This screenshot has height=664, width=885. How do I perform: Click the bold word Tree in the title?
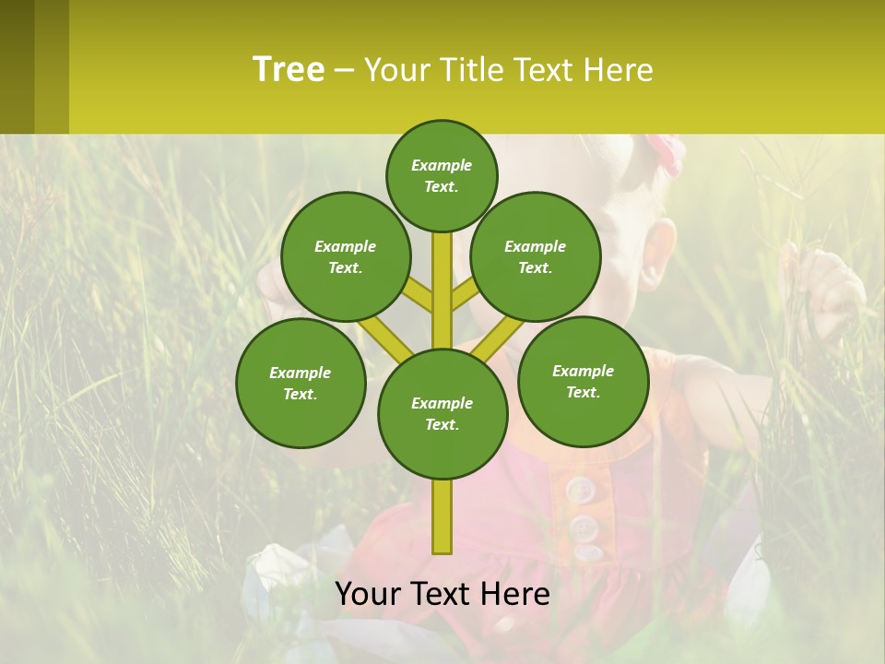click(289, 70)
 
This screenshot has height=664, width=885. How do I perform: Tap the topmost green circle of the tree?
click(442, 175)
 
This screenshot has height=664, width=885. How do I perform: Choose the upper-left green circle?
click(345, 256)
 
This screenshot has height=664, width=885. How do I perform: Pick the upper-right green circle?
click(535, 256)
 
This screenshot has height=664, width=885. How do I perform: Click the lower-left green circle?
click(300, 383)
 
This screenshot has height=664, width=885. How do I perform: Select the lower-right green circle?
click(583, 381)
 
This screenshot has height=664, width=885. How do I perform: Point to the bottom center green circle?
click(442, 413)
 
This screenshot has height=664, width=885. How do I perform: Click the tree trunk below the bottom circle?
click(442, 516)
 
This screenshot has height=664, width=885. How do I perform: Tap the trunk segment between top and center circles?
click(442, 290)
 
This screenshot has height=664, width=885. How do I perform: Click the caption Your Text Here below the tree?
click(442, 594)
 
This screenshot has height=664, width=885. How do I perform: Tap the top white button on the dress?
click(580, 489)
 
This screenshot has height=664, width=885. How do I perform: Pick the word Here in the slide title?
click(618, 70)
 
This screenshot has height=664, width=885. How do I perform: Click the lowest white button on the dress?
click(587, 552)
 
